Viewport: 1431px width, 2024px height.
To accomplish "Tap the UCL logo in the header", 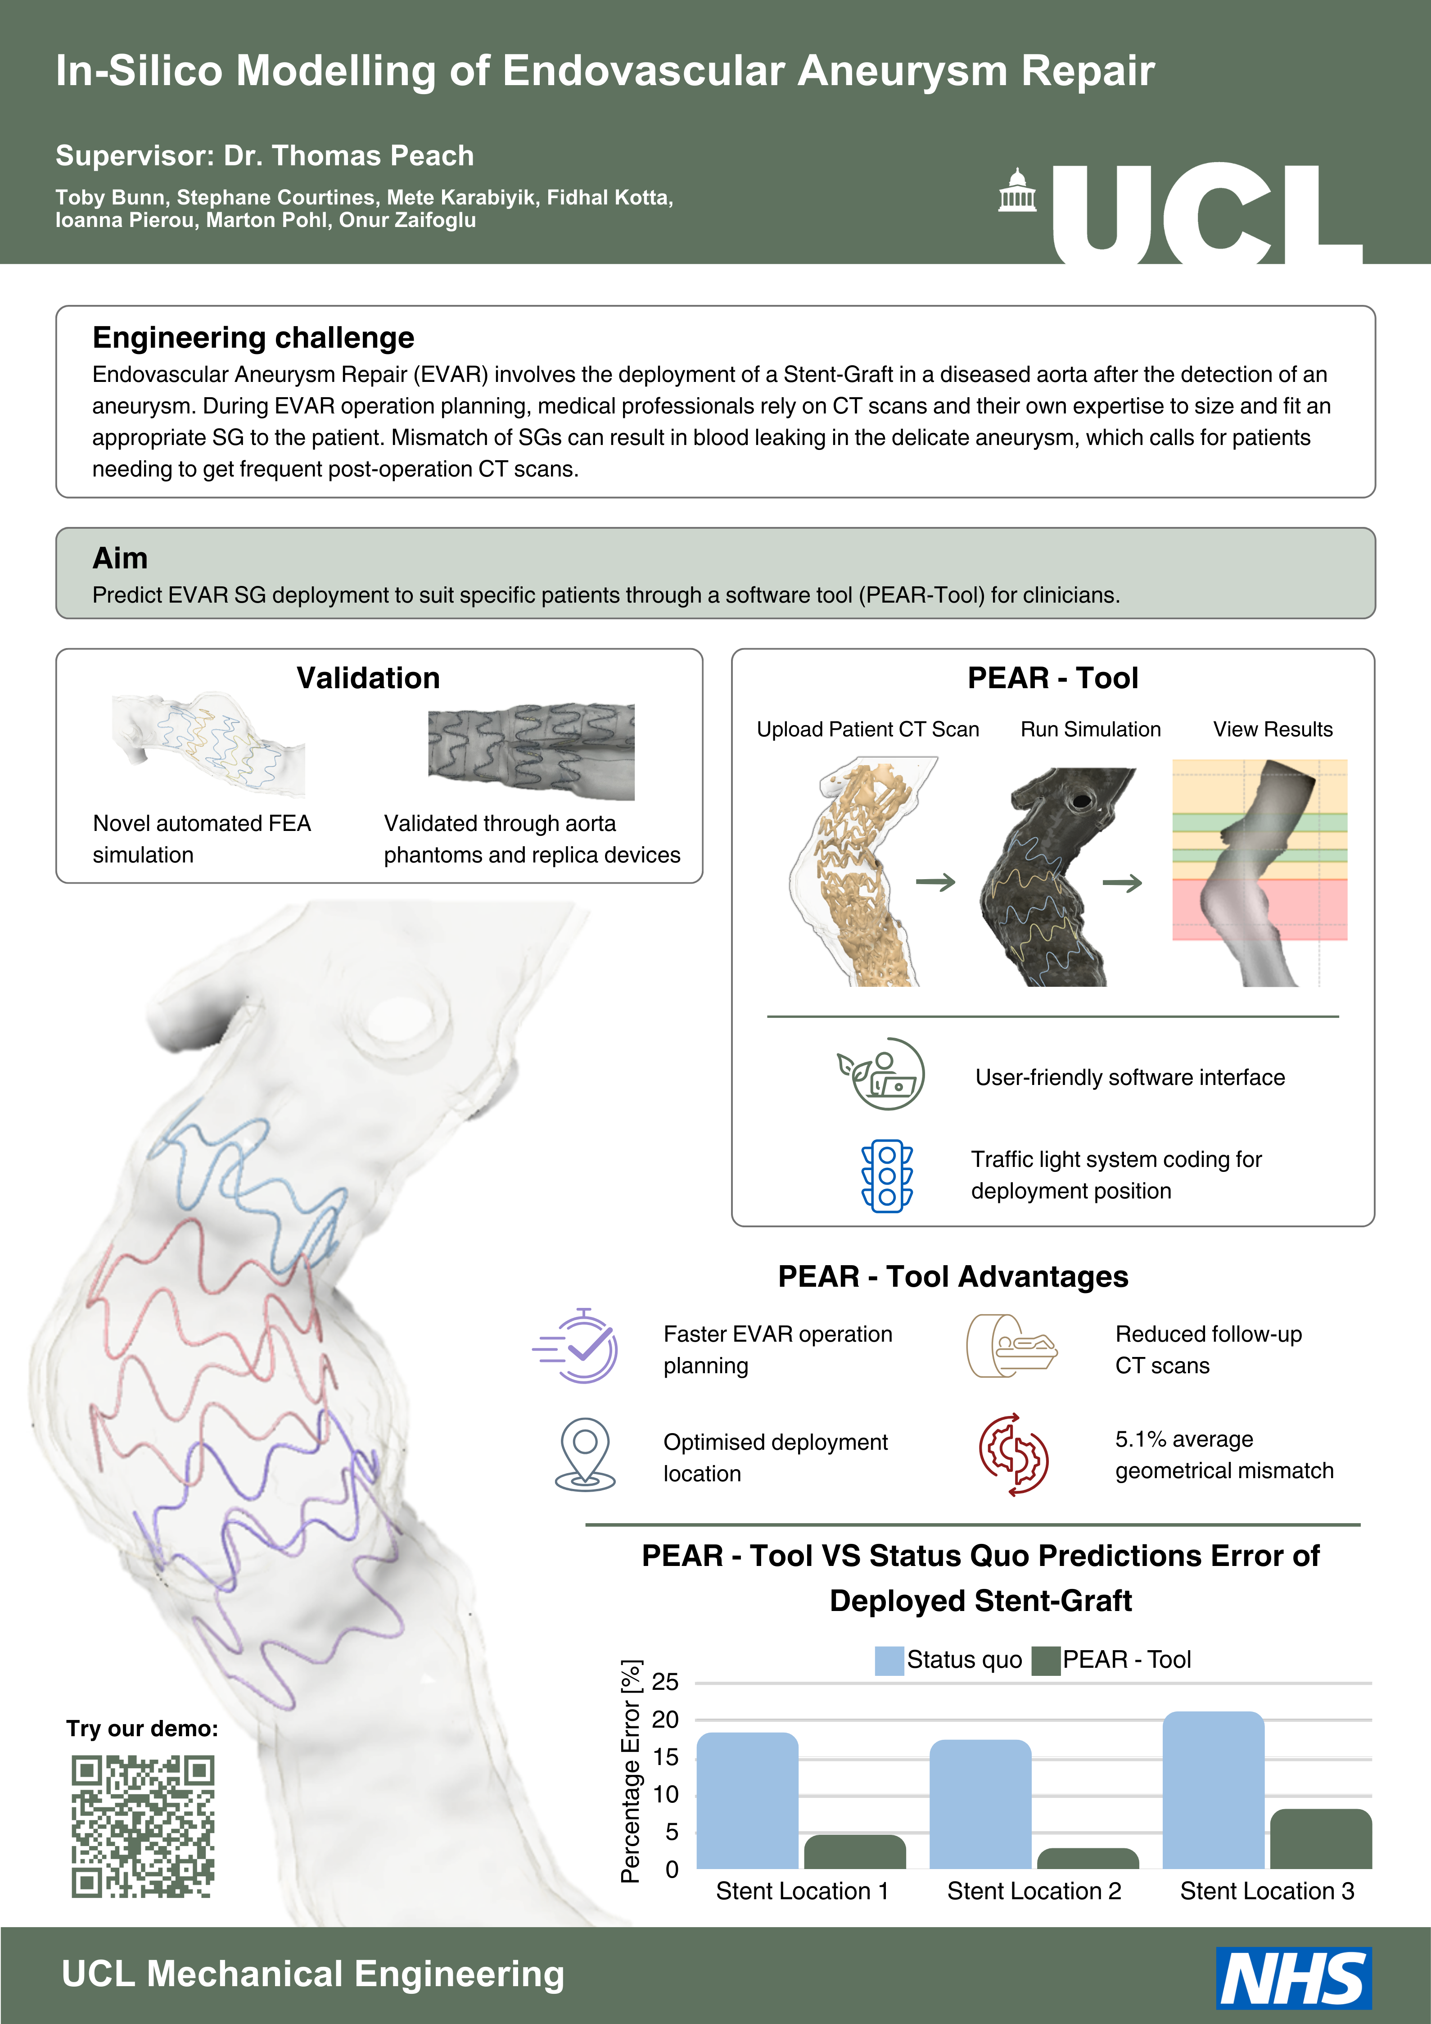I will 1181,213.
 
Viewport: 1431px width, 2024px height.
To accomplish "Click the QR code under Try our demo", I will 143,1826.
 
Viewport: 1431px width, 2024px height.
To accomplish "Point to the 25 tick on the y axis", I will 665,1682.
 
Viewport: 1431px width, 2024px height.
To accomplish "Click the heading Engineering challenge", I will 253,338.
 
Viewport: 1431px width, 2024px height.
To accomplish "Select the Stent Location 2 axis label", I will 1034,1891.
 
